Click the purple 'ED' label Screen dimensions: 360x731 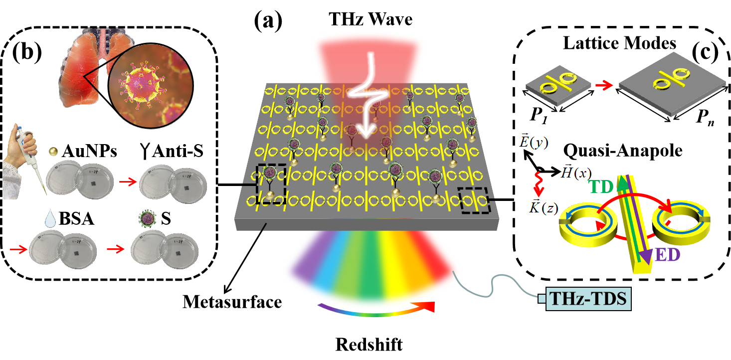point(668,254)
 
